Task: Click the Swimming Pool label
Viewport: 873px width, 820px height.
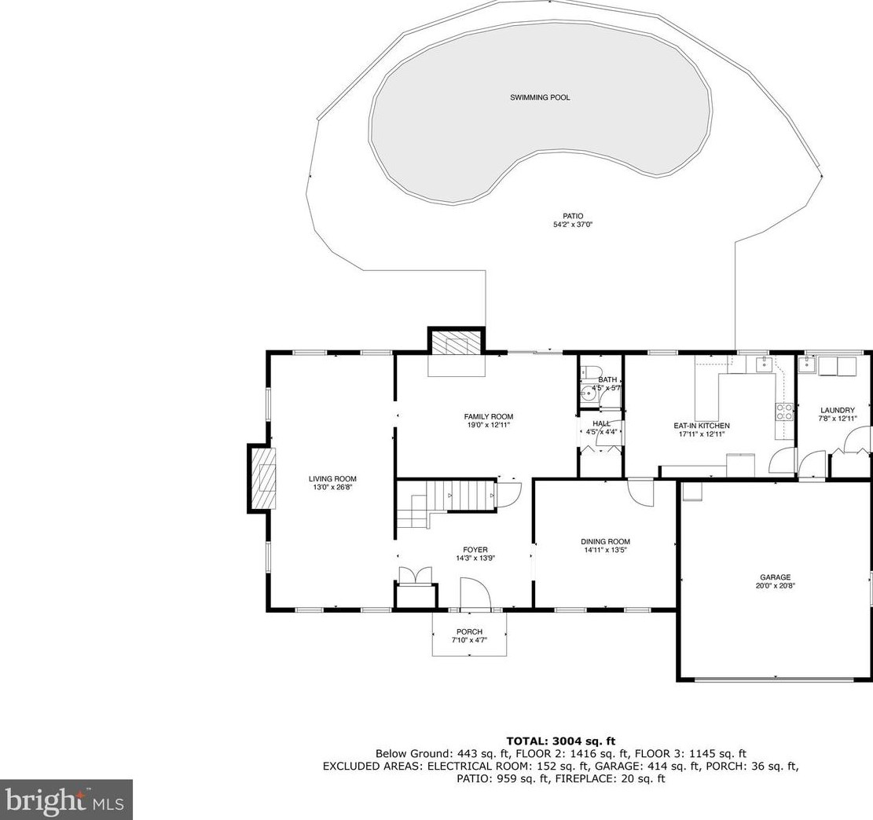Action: click(540, 97)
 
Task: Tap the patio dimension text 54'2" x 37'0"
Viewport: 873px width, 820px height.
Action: click(572, 225)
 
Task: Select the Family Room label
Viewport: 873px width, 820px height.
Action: click(489, 416)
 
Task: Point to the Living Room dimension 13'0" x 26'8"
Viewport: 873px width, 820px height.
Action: click(333, 487)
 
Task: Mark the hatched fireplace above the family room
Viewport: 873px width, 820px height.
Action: click(457, 343)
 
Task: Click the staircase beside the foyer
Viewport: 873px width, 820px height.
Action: click(446, 503)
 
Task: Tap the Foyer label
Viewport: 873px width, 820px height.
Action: click(475, 550)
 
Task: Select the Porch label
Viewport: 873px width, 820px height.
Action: click(469, 631)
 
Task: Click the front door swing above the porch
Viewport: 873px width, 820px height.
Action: click(475, 594)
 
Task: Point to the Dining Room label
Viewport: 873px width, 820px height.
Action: click(605, 542)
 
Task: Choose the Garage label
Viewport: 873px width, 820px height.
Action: click(776, 577)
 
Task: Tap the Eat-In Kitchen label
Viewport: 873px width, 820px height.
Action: click(702, 426)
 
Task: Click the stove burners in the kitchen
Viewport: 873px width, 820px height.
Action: click(785, 412)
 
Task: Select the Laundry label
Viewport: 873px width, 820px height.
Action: click(838, 410)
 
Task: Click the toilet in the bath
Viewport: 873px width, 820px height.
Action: click(590, 372)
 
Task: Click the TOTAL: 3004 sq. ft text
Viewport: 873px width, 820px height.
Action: click(561, 741)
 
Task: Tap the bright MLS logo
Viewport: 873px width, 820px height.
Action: click(66, 800)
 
